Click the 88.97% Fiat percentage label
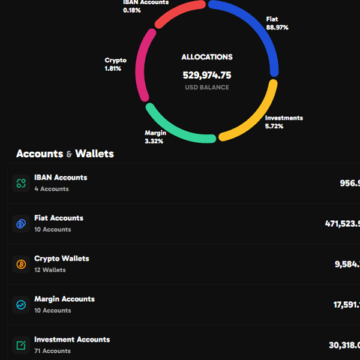277,28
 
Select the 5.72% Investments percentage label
274,127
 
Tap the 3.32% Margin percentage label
154,141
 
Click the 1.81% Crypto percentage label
113,68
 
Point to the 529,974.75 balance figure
207,75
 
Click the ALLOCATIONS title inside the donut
207,57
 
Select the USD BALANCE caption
207,88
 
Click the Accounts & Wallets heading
65,154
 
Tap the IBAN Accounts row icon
21,183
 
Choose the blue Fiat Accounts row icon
21,224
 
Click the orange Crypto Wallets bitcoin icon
21,264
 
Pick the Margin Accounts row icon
21,305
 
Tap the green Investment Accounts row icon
21,345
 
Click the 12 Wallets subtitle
50,270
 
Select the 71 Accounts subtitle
52,351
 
